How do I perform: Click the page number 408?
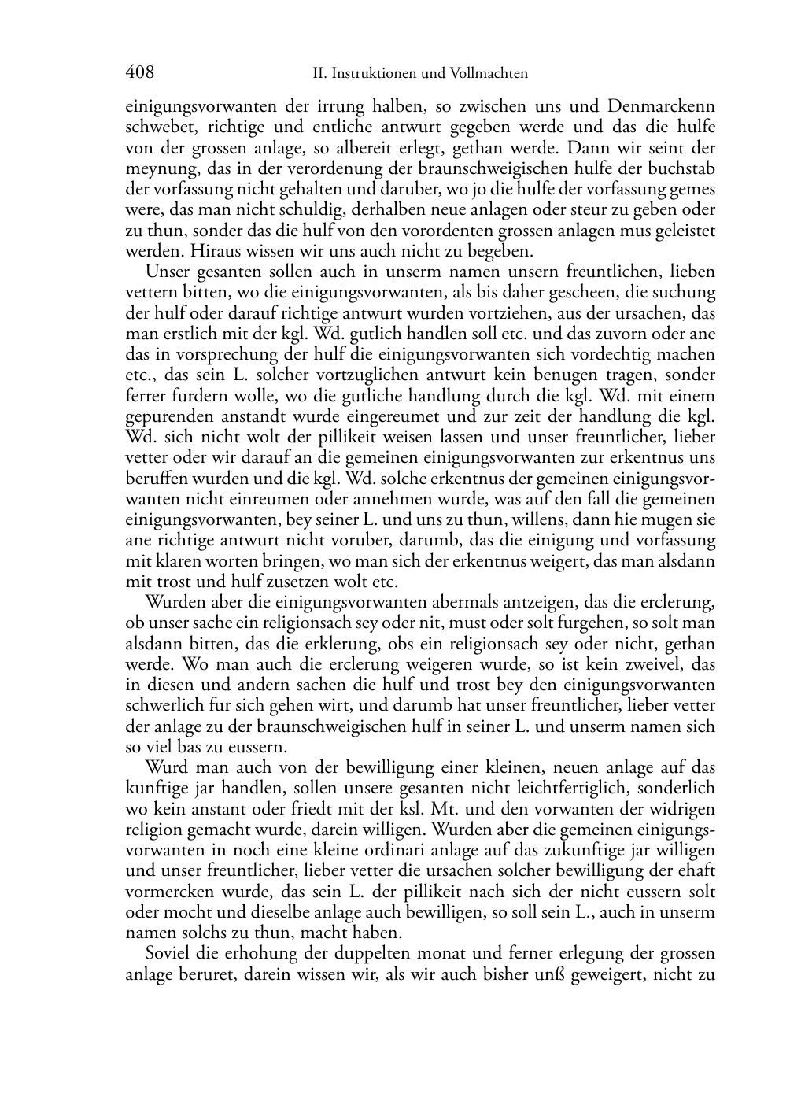(139, 73)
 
